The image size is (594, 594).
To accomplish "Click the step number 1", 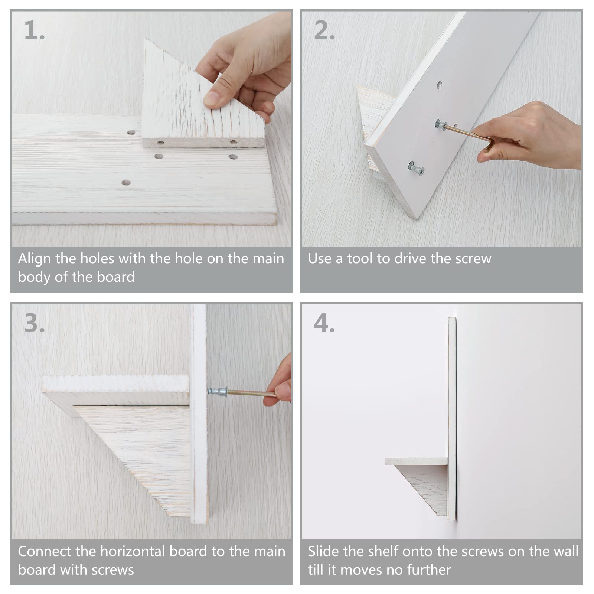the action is (x=34, y=30).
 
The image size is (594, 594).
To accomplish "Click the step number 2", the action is (x=324, y=30).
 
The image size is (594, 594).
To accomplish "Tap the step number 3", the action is (x=34, y=323).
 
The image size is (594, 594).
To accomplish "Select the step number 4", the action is (x=324, y=323).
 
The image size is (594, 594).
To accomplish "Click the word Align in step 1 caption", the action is (x=35, y=259).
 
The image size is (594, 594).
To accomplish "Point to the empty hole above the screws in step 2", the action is (x=439, y=85).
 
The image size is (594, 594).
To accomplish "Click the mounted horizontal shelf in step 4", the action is (x=416, y=461).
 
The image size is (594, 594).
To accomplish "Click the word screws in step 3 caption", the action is (x=113, y=570).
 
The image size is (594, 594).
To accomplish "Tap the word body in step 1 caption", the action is (x=34, y=277).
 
